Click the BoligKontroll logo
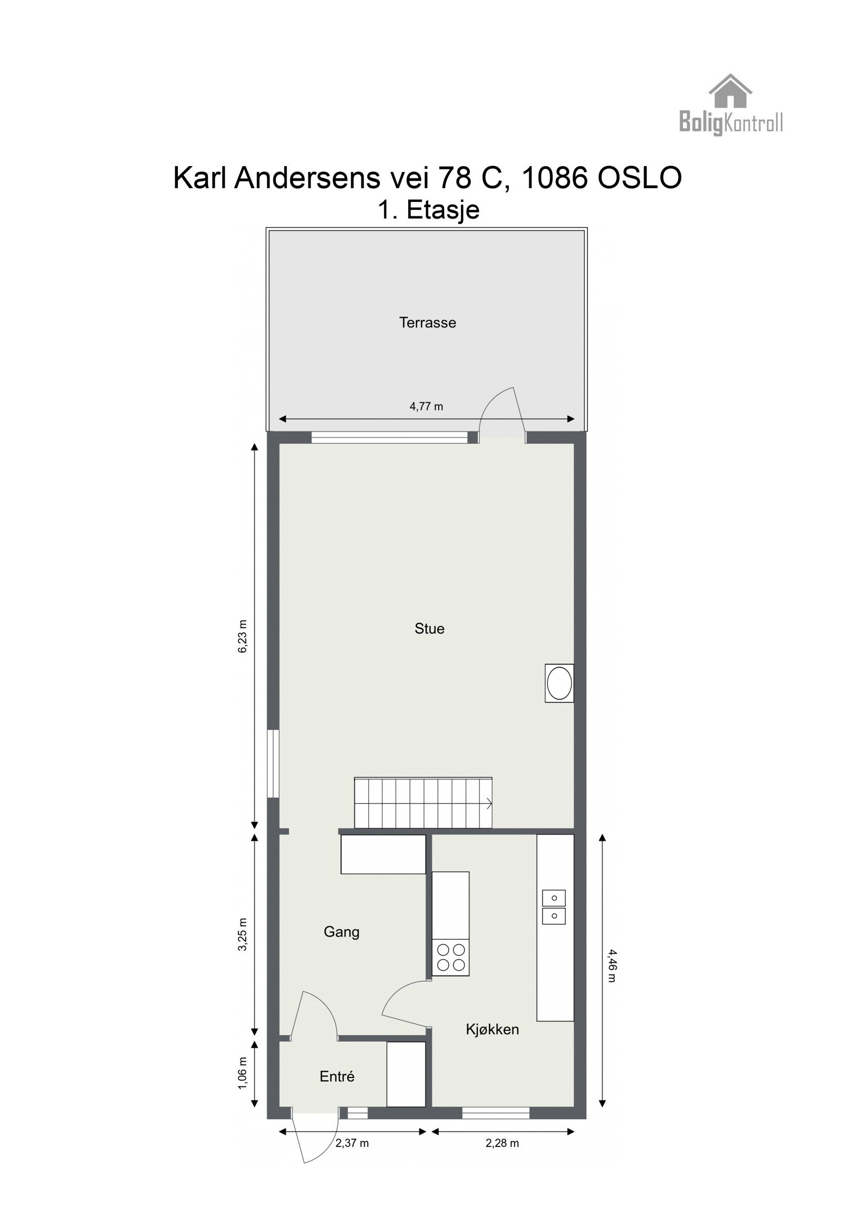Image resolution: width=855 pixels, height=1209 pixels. (x=730, y=106)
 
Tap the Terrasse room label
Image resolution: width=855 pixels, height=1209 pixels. (x=428, y=323)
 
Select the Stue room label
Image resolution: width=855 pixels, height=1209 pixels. (x=429, y=628)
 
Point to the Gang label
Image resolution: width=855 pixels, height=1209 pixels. (x=341, y=932)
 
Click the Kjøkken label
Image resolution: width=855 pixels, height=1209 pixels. (x=492, y=1029)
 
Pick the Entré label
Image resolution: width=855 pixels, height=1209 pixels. (x=337, y=1077)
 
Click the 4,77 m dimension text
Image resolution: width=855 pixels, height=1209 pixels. (x=426, y=407)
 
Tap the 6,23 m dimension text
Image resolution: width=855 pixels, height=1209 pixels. (x=243, y=636)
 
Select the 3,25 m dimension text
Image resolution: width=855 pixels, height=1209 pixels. (x=243, y=934)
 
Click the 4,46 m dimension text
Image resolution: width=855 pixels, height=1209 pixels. (x=611, y=965)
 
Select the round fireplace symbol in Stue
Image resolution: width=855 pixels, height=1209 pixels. (x=559, y=683)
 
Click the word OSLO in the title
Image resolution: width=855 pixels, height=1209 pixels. (x=639, y=178)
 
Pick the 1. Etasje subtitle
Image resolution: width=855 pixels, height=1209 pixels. (x=429, y=210)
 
